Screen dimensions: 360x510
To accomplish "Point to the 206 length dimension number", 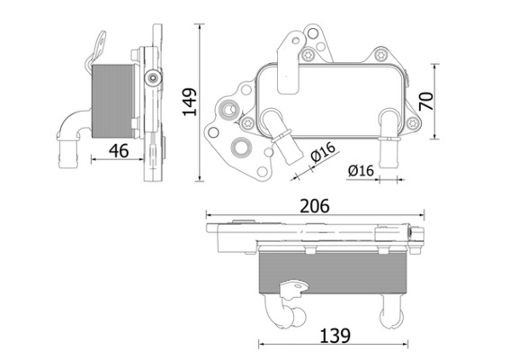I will point(313,205).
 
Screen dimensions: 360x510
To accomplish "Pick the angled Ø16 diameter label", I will point(321,152).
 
